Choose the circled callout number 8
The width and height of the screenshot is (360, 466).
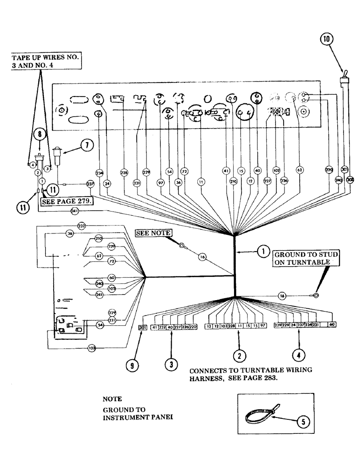41,135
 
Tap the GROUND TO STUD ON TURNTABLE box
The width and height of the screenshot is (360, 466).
306,258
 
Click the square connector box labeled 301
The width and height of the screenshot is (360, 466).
143,328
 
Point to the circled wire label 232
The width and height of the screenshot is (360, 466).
82,226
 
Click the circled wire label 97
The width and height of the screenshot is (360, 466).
161,184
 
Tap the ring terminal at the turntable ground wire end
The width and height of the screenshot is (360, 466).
316,295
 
